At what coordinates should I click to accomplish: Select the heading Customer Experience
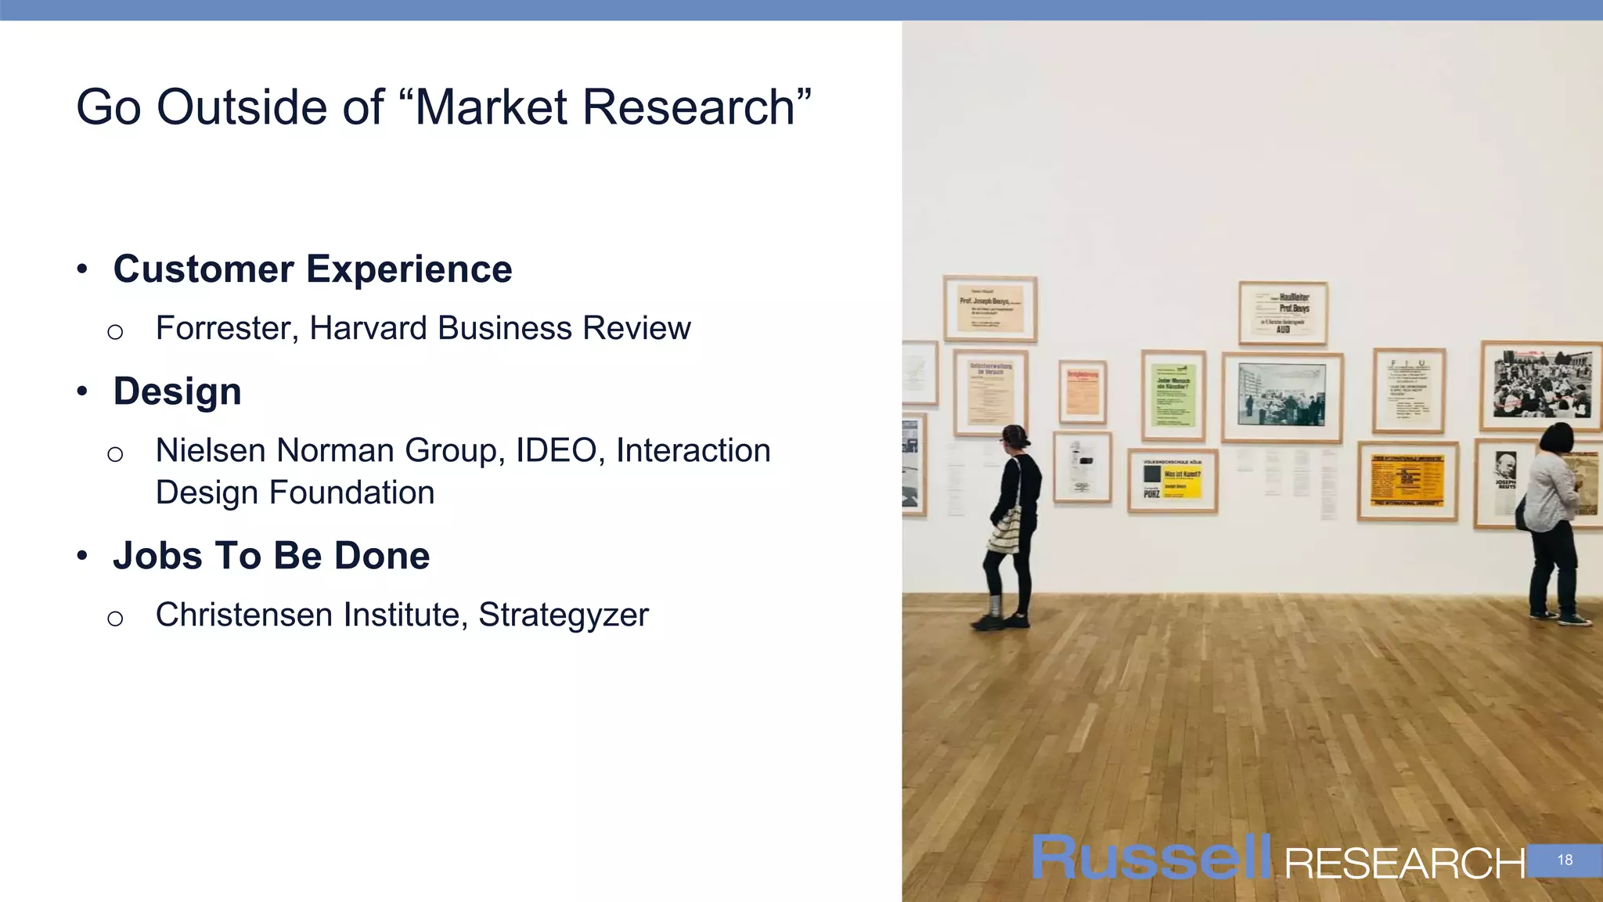(312, 269)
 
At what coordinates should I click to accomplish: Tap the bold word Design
(177, 391)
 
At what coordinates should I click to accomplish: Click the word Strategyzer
(564, 615)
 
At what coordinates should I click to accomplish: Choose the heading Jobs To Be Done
(271, 556)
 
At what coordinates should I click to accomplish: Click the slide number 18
(1564, 860)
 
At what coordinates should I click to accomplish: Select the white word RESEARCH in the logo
(1404, 864)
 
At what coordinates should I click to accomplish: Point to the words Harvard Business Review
(500, 328)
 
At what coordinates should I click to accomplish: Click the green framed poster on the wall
(1173, 395)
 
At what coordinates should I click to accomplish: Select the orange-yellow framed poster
(1407, 481)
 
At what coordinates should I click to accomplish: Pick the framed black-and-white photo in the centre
(1282, 397)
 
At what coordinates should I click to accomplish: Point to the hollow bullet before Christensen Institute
(115, 619)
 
